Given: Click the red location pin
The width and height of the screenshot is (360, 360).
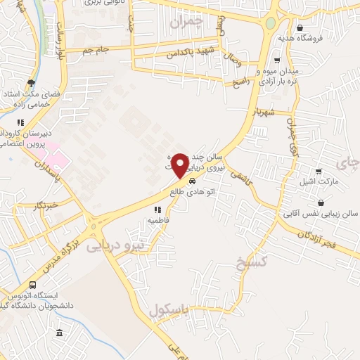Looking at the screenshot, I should pyautogui.click(x=181, y=166).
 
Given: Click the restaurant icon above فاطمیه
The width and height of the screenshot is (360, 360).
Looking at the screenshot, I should pyautogui.click(x=157, y=210).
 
